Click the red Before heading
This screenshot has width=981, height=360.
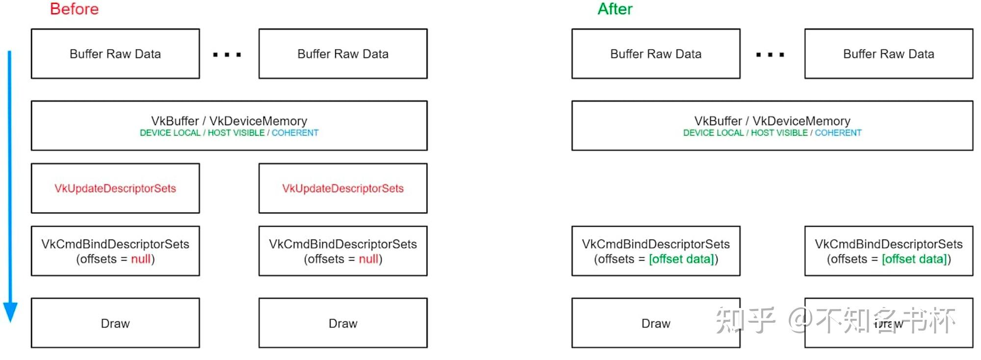tap(74, 9)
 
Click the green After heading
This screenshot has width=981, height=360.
tap(615, 9)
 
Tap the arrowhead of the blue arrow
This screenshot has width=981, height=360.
tap(10, 312)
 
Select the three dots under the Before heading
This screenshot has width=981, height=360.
tap(227, 54)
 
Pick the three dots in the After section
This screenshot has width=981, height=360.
tap(770, 54)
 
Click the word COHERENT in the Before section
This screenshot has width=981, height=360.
tap(295, 133)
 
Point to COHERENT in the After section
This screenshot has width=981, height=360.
tap(838, 133)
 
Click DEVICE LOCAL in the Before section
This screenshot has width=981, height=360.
tap(170, 133)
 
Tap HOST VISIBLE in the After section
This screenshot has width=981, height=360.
tap(779, 133)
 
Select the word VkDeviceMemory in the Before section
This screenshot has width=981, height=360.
tap(258, 121)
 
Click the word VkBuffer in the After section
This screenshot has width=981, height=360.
tap(718, 121)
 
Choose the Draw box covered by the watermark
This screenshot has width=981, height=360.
tap(888, 323)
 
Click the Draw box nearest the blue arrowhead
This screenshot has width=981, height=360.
tap(115, 323)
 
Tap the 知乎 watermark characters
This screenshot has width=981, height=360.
tap(745, 320)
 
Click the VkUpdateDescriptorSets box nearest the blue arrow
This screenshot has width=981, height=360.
tap(115, 188)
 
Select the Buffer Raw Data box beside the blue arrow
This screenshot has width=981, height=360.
tap(115, 54)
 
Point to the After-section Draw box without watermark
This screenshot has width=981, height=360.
tap(655, 323)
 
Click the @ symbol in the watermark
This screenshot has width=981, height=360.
tap(800, 320)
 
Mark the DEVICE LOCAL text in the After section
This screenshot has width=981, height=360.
tap(713, 133)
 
